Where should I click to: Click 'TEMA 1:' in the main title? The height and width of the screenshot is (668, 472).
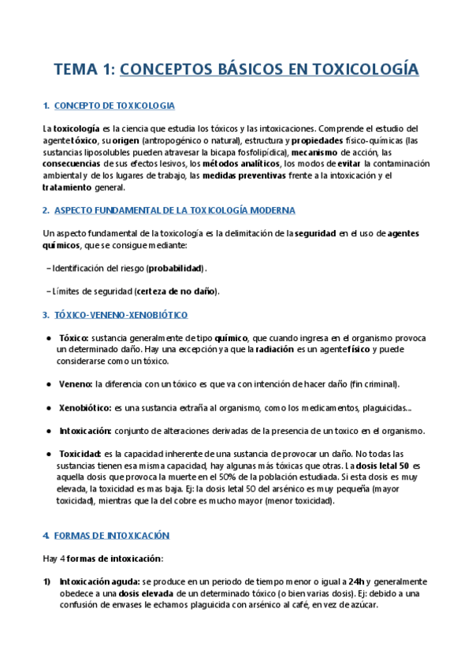tap(83, 70)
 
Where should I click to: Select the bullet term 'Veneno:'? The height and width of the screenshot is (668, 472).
tap(75, 384)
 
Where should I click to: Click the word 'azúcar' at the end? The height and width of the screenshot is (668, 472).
tap(364, 605)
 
